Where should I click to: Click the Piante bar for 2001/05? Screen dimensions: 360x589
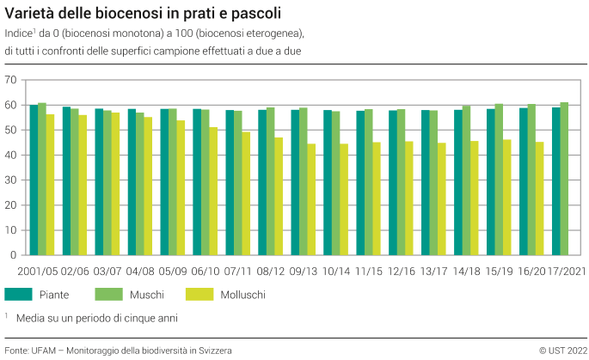coord(34,180)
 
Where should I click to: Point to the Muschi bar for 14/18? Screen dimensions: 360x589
coord(467,180)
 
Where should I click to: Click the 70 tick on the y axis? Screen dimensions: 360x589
coord(11,80)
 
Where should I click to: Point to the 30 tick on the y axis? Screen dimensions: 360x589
coord(11,180)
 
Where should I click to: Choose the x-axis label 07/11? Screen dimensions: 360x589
coord(238,271)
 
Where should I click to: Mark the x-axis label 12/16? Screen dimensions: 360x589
coord(401,271)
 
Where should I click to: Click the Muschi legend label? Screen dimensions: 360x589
coord(147,295)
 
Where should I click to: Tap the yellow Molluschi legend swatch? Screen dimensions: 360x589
coord(199,294)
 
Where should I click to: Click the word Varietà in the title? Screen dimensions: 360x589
coord(30,15)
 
